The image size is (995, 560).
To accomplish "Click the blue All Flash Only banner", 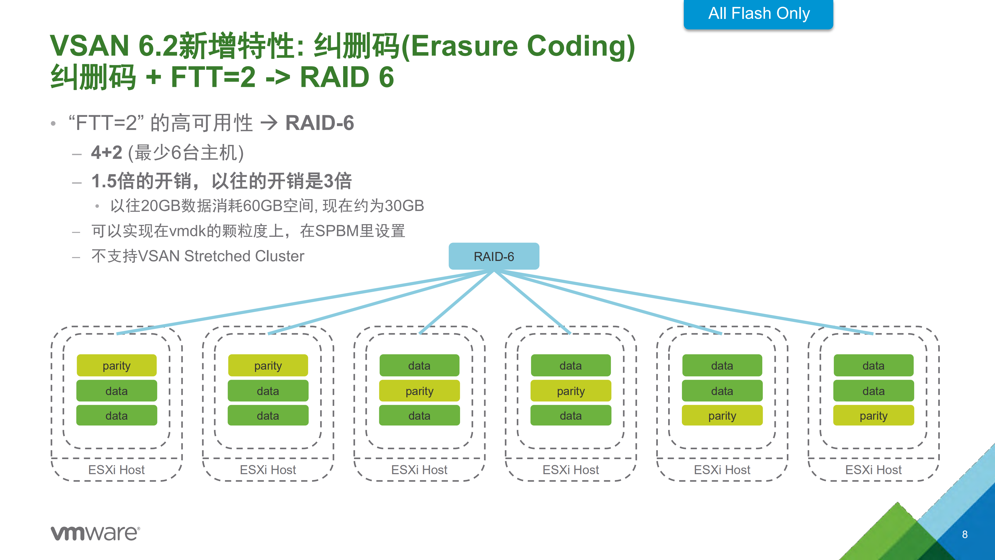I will [758, 14].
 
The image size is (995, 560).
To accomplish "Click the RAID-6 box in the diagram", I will [494, 256].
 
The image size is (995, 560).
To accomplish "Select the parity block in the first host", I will [117, 365].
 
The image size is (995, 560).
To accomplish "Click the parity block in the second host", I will [268, 365].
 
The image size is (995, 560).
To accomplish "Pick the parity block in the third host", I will [419, 391].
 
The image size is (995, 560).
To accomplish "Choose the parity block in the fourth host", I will [571, 391].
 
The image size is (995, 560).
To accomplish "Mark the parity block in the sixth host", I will [874, 416].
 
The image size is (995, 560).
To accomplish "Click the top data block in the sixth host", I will [874, 365].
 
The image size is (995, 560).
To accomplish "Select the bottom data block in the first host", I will [117, 416].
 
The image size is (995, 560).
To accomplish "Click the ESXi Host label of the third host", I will [419, 469].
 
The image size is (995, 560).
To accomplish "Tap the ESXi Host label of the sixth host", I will [874, 469].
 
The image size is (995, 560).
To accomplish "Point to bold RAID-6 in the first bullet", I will [319, 123].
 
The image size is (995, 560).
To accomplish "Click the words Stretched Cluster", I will [244, 256].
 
